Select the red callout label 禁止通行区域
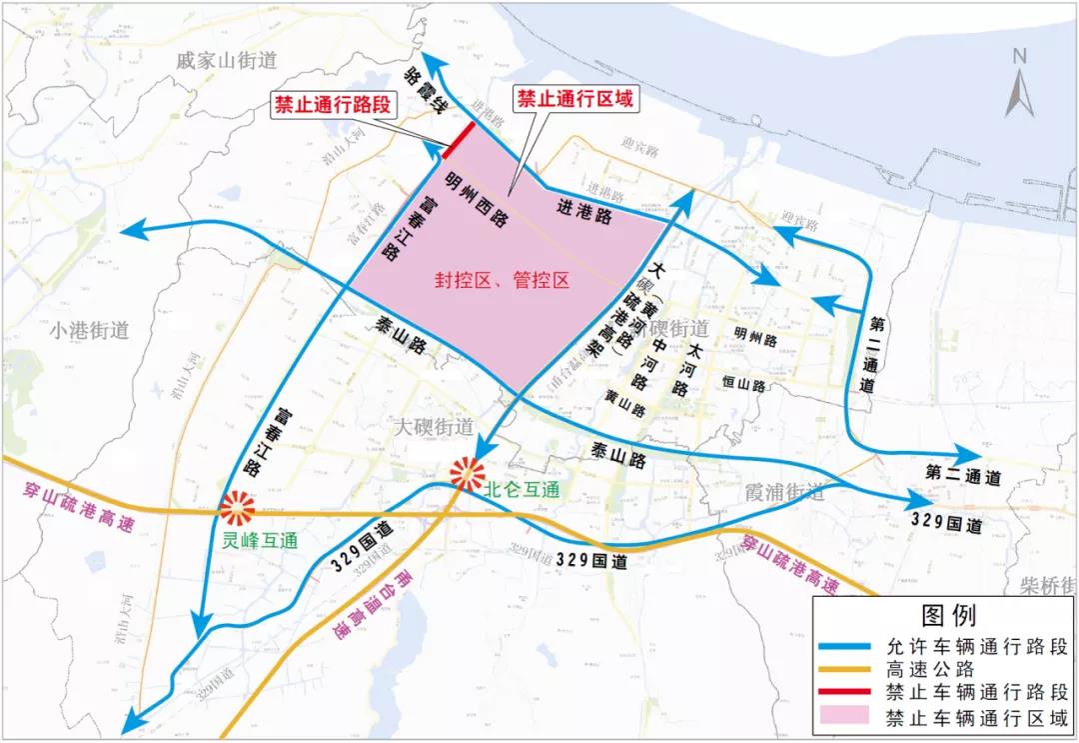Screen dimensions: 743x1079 [574, 99]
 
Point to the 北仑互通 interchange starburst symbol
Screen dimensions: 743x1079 [467, 473]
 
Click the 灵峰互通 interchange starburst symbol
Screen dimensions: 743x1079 [238, 510]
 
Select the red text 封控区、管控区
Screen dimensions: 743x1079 [501, 281]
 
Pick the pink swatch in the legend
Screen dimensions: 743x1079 [847, 718]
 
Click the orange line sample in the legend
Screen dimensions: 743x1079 [847, 670]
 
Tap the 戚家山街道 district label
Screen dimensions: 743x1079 [226, 60]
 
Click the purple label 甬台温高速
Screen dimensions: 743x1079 [371, 605]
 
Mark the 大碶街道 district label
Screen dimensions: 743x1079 [434, 427]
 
